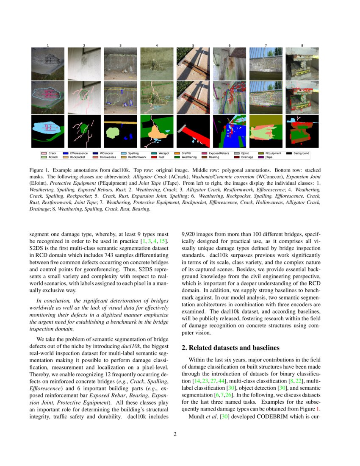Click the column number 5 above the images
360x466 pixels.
(x=193, y=45)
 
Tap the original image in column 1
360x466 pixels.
(x=48, y=64)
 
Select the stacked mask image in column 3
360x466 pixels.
(x=120, y=131)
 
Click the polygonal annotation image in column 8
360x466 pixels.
(x=302, y=97)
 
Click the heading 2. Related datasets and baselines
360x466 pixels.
(x=231, y=348)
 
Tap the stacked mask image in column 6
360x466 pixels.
(x=229, y=131)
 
